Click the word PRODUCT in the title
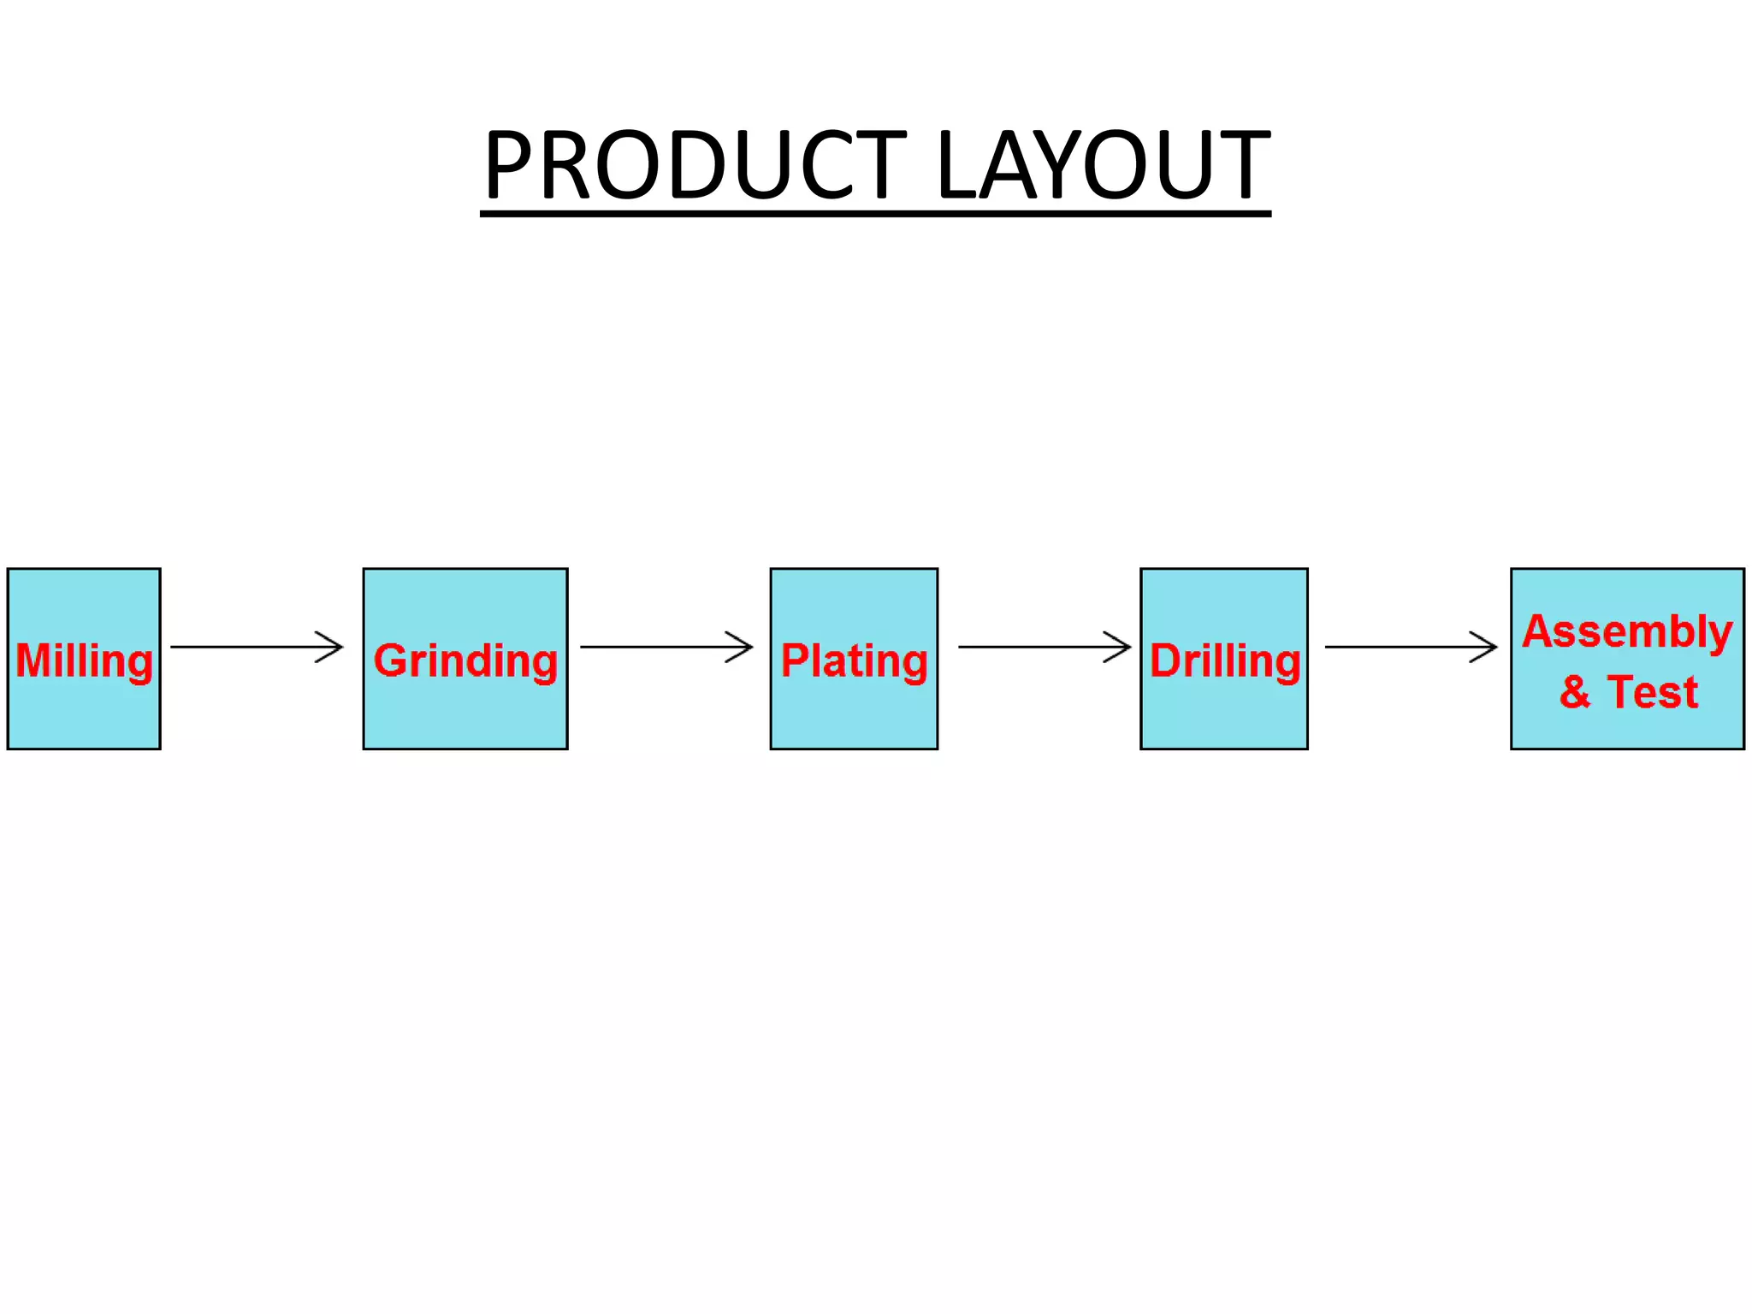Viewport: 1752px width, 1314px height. pyautogui.click(x=695, y=164)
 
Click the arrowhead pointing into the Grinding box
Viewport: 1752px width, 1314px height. pyautogui.click(x=332, y=647)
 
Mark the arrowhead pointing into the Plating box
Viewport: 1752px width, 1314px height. pyautogui.click(x=742, y=647)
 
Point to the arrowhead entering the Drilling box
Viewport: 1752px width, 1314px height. pyautogui.click(x=1120, y=647)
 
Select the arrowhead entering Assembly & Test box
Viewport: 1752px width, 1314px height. pyautogui.click(x=1486, y=647)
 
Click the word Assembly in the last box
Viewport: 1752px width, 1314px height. pyautogui.click(x=1627, y=633)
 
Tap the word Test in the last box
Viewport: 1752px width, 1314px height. pyautogui.click(x=1652, y=692)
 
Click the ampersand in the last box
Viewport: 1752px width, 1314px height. pyautogui.click(x=1574, y=692)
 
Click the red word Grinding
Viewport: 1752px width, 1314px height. pyautogui.click(x=465, y=661)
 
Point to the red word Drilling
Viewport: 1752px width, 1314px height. pyautogui.click(x=1224, y=661)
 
